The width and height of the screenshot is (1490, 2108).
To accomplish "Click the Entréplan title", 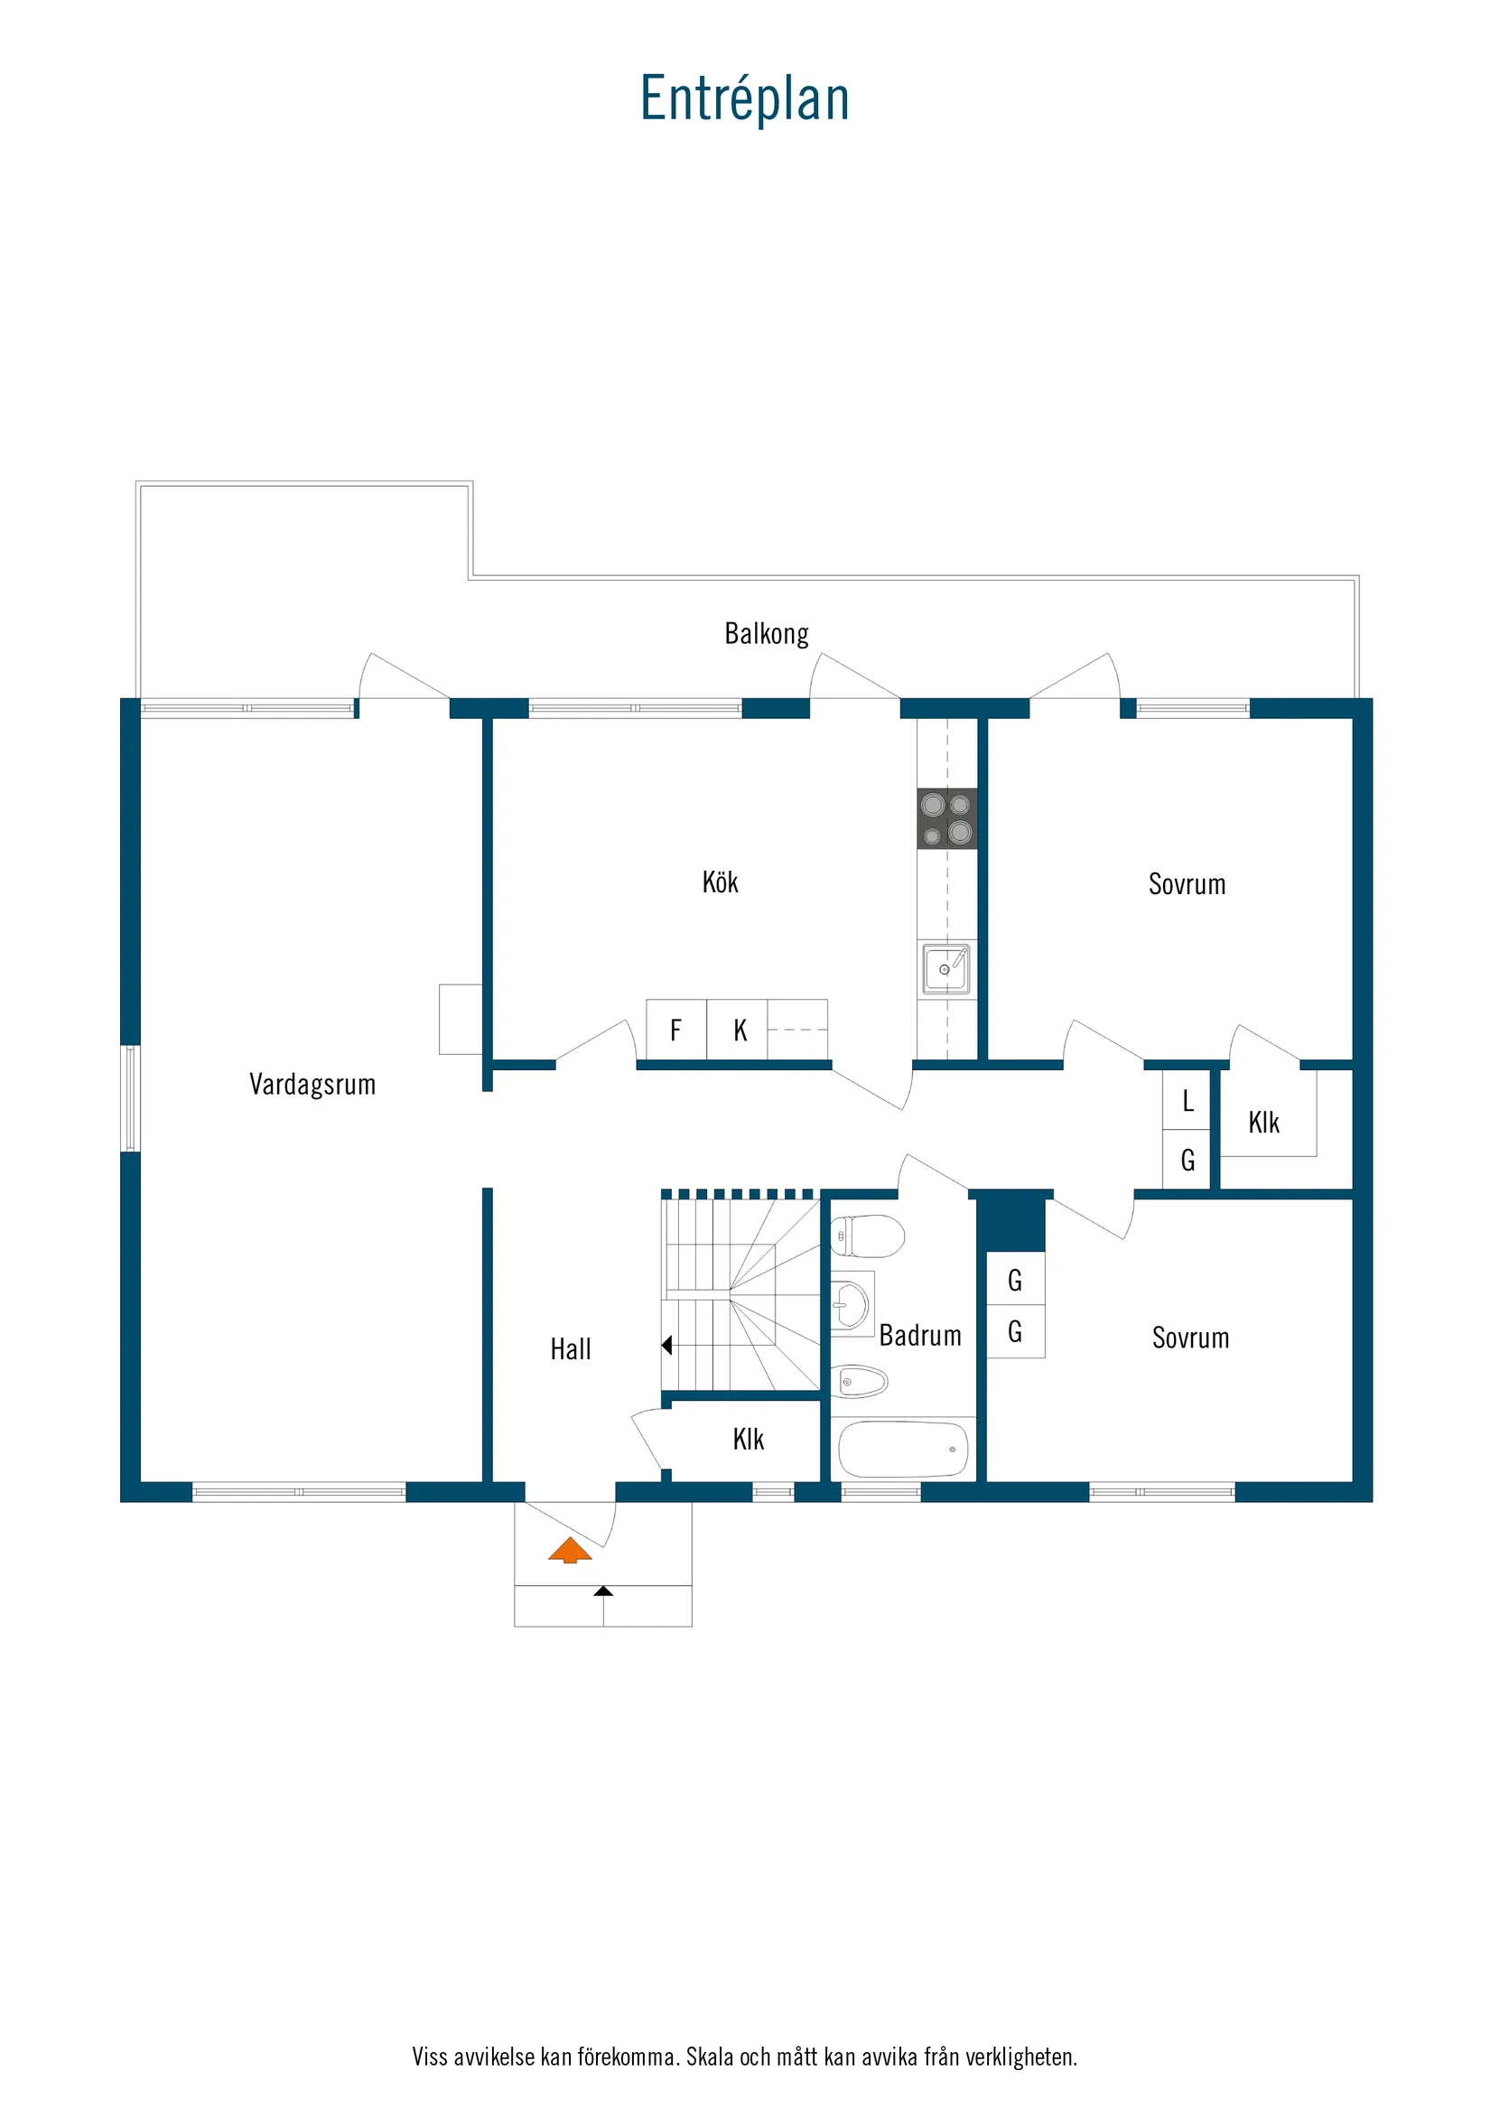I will pyautogui.click(x=744, y=98).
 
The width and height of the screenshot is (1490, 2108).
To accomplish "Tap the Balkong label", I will pyautogui.click(x=767, y=633).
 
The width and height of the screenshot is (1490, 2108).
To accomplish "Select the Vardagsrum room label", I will pyautogui.click(x=312, y=1085).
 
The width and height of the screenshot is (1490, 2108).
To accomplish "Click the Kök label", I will pyautogui.click(x=720, y=882).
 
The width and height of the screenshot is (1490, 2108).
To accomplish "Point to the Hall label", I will pyautogui.click(x=570, y=1348).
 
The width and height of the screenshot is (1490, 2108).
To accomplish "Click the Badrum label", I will pyautogui.click(x=920, y=1335).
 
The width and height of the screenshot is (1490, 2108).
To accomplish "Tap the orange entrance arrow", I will pyautogui.click(x=570, y=1550).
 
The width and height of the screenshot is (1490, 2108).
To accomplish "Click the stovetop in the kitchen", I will pyautogui.click(x=946, y=818).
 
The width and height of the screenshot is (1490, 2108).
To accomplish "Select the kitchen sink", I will pyautogui.click(x=945, y=968).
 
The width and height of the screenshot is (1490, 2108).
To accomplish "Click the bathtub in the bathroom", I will pyautogui.click(x=902, y=1449).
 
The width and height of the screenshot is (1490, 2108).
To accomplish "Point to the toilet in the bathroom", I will pyautogui.click(x=868, y=1236).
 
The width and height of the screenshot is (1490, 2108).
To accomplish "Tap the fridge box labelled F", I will pyautogui.click(x=675, y=1031).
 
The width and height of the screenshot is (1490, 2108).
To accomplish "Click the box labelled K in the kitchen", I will pyautogui.click(x=740, y=1031).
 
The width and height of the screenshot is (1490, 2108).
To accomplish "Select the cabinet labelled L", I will pyautogui.click(x=1187, y=1100).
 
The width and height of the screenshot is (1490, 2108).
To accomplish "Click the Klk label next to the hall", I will pyautogui.click(x=749, y=1439).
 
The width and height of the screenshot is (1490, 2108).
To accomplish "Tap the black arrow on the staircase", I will pyautogui.click(x=667, y=1345).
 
